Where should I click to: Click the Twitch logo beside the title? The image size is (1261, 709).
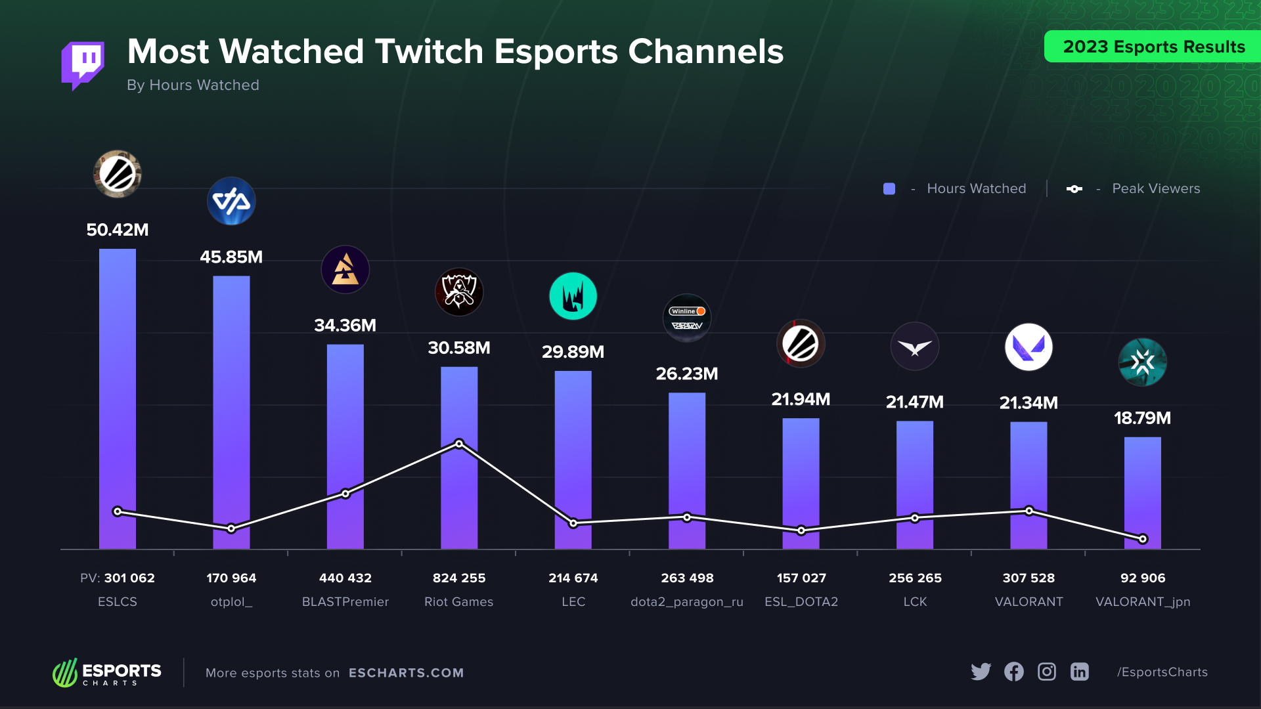83,65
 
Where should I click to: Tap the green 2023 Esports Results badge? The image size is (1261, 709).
1153,47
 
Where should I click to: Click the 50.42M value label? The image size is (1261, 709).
118,230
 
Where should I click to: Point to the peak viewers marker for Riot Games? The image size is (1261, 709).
459,444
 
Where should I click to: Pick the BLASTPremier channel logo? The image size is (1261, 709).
345,270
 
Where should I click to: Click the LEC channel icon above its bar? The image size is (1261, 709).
573,296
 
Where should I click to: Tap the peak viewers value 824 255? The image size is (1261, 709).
459,578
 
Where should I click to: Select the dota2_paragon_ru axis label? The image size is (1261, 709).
687,601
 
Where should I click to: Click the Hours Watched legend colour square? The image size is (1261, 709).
889,189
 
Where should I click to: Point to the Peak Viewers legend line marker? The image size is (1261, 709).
1074,189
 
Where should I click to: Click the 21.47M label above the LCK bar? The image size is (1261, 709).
915,402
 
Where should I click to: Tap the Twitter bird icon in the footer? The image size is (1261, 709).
981,672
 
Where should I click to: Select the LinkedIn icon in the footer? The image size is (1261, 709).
1080,672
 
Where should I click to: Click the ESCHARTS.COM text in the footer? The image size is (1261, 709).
406,673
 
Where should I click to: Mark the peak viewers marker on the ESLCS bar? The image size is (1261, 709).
118,511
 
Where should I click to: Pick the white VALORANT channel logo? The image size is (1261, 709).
1029,347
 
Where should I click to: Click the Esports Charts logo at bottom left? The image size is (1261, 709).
107,672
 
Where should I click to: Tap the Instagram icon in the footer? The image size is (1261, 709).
1047,672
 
